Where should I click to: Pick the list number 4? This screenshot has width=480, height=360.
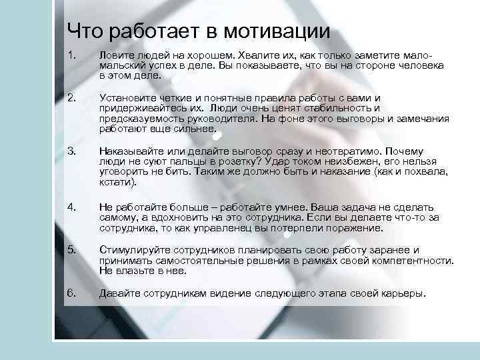click(x=71, y=207)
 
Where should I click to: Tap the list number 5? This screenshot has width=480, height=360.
click(x=71, y=250)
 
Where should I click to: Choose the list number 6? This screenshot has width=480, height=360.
click(x=71, y=293)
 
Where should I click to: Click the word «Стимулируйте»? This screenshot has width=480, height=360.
click(x=133, y=250)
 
